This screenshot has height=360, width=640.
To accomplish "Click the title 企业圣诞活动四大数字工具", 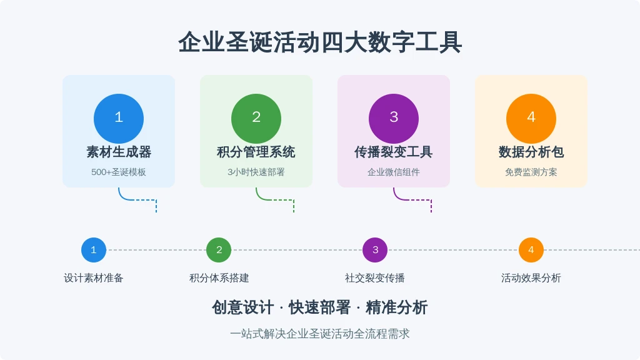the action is [x=320, y=42].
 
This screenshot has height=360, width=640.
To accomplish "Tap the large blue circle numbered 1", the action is [x=119, y=119].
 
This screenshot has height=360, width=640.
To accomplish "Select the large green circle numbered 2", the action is [x=256, y=119].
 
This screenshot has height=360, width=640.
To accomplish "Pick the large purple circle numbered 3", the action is [x=394, y=119].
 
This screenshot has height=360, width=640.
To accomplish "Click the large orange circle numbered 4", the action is [x=531, y=119].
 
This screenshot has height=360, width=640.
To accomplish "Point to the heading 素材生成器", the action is [x=119, y=152].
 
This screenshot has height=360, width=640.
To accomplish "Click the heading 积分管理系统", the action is [x=256, y=152].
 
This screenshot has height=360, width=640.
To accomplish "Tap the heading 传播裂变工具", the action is [x=394, y=152].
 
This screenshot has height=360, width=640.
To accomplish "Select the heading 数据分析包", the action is [x=531, y=152].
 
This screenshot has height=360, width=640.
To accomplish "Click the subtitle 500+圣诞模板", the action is [x=119, y=172].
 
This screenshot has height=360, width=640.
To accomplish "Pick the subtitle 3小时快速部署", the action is [x=256, y=172].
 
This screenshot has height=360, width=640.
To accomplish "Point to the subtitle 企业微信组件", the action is [x=394, y=172].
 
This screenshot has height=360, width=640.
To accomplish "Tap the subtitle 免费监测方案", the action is [x=531, y=172].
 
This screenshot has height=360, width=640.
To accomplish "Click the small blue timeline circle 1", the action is [x=94, y=250].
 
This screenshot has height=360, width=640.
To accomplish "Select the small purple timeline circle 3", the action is [x=375, y=250].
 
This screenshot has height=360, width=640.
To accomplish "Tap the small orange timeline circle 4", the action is [x=531, y=250].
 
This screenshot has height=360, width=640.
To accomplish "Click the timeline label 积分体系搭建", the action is [x=219, y=278].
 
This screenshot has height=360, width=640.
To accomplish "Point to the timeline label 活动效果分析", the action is [x=531, y=278].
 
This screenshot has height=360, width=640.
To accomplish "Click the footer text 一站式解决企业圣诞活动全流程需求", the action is [x=320, y=334].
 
